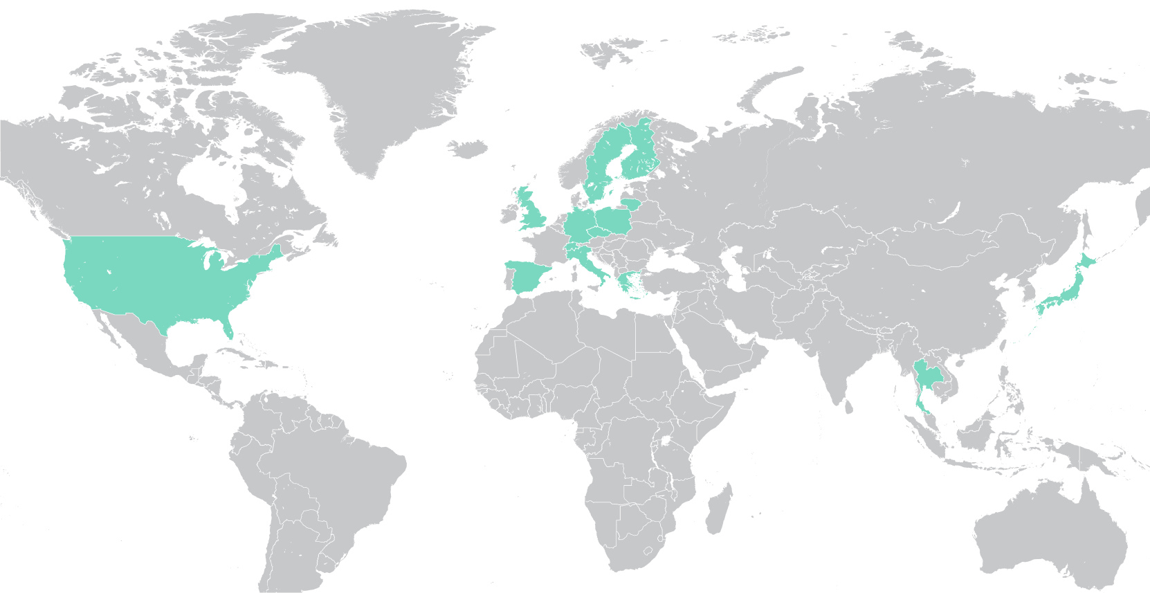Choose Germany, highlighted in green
(x=580, y=226)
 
